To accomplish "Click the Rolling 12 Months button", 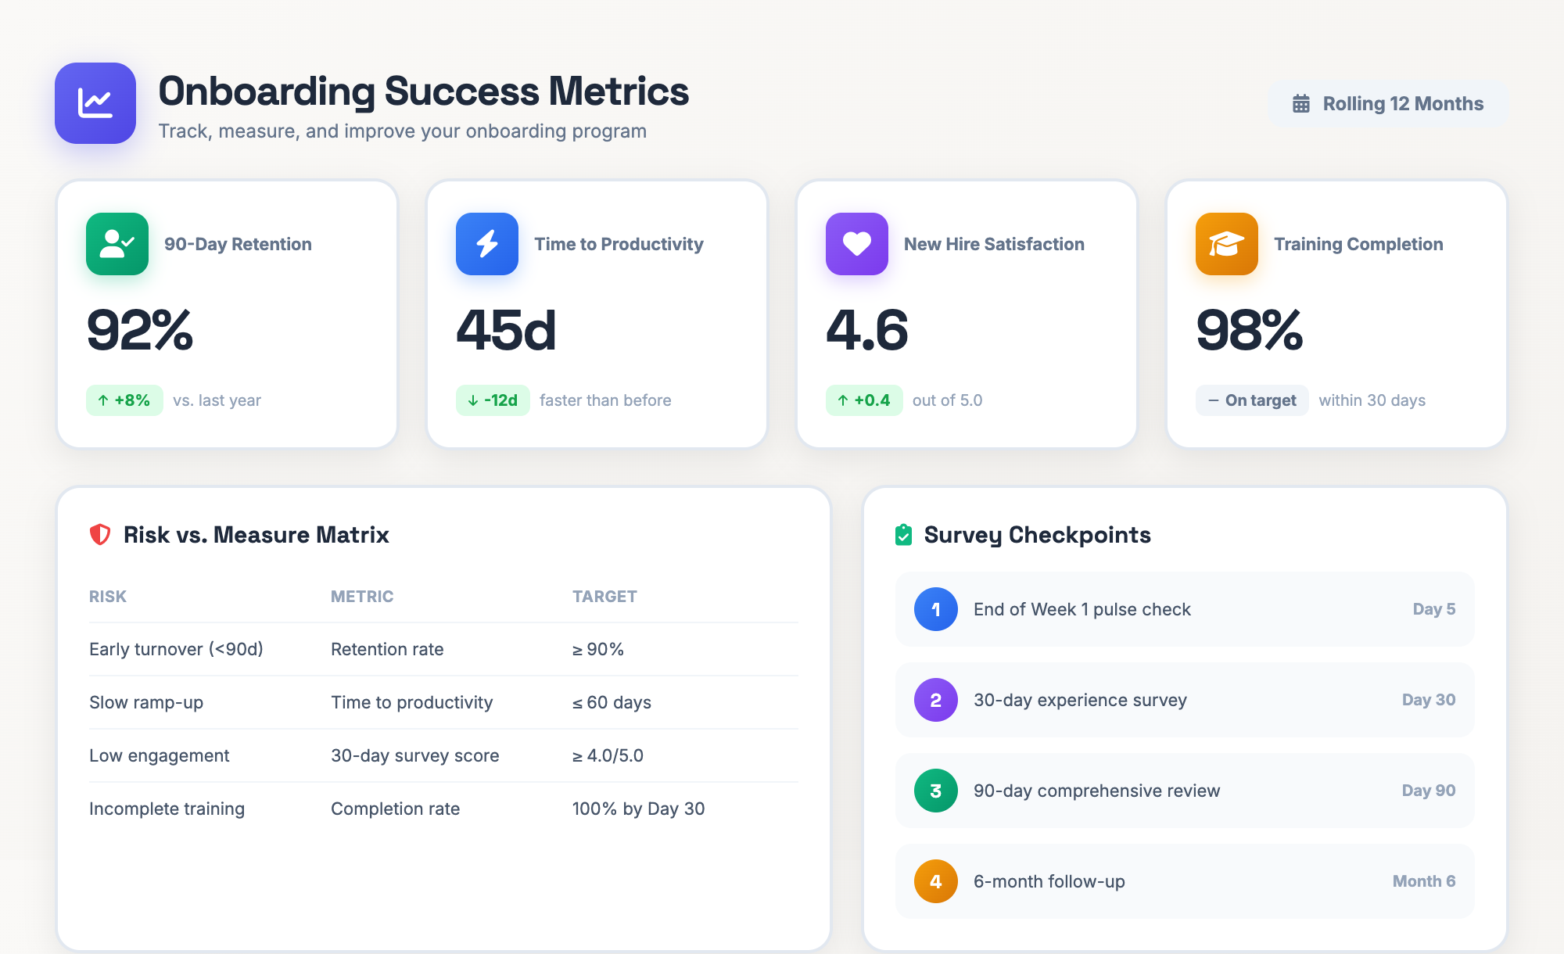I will click(1388, 104).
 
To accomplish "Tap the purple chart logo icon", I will click(95, 103).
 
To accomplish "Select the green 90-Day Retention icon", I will click(117, 244).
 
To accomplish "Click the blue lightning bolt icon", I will click(487, 244).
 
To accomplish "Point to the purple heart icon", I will click(857, 244).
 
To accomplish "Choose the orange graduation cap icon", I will click(1227, 244).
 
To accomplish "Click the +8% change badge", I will click(124, 400).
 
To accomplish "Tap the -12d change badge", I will click(493, 400).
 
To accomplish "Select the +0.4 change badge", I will click(864, 400).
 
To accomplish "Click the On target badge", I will click(1252, 400).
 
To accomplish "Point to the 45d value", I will click(506, 330).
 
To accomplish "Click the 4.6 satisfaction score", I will click(867, 330).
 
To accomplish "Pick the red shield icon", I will click(100, 535).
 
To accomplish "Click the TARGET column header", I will click(604, 597).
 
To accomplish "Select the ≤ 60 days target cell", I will click(612, 702).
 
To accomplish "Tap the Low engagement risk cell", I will click(160, 755).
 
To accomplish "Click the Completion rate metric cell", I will click(395, 809).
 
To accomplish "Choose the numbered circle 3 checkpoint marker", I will click(936, 791).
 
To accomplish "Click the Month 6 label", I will click(1424, 881).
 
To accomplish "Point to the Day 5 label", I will click(1434, 609).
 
